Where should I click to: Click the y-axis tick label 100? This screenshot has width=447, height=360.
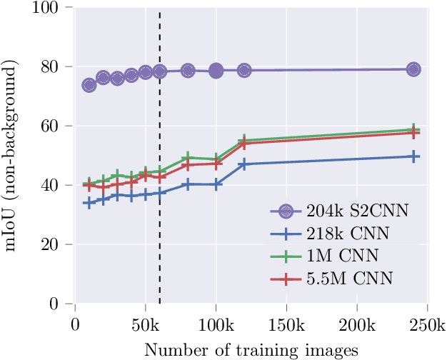[x=52, y=8]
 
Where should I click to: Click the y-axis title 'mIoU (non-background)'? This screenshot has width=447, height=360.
[x=12, y=156]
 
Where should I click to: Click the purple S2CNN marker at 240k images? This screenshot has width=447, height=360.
[x=413, y=69]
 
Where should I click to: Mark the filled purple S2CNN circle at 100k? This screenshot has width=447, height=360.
[x=216, y=70]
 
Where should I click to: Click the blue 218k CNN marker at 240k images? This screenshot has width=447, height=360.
[x=413, y=156]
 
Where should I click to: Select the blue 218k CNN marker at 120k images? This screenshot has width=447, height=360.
[x=243, y=164]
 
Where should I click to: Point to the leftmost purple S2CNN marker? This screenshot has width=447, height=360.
[x=89, y=85]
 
